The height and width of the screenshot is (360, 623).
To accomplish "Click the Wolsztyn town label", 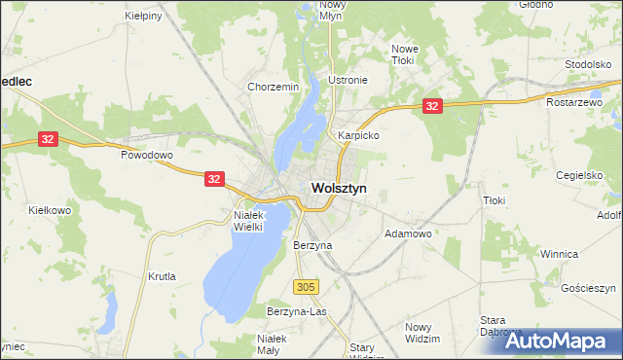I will (339, 189).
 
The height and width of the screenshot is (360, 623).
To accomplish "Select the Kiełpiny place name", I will (144, 17).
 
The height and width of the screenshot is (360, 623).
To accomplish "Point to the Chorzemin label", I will (273, 87).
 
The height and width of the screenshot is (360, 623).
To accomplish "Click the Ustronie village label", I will (348, 80).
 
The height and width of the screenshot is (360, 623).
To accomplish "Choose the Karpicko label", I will (357, 136).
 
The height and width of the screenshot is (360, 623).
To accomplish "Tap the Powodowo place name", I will (146, 155).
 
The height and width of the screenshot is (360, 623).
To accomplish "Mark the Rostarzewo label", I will (583, 102).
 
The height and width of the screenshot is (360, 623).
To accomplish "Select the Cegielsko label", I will (580, 175).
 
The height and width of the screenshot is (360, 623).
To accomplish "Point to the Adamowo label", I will (409, 234).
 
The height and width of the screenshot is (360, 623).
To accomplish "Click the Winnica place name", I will (560, 253).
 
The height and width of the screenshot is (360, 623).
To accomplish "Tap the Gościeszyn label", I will (590, 289).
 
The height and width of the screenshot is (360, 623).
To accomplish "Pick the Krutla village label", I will (162, 276).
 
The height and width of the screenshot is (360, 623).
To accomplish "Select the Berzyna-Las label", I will (296, 311).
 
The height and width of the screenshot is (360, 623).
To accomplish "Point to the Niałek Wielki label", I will (256, 220).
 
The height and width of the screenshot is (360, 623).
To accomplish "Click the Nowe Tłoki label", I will (403, 54).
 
